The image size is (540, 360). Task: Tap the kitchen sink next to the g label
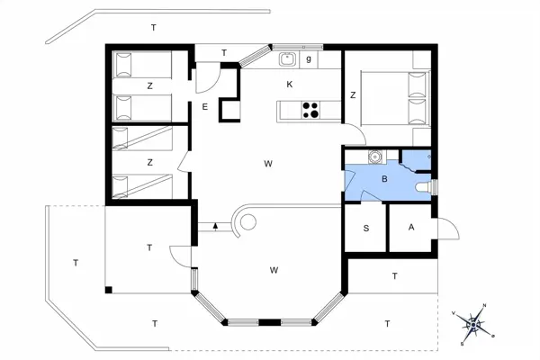pos(288,60)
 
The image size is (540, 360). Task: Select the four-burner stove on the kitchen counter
pos(310,110)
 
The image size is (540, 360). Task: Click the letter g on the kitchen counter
pos(309,59)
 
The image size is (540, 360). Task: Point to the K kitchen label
pos(289,84)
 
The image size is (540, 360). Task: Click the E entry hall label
pos(205,107)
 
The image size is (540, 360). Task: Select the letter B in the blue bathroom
pos(384,179)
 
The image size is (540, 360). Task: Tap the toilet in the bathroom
pos(425,187)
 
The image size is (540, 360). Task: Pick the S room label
pos(365,229)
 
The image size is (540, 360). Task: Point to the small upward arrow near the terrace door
pos(217,227)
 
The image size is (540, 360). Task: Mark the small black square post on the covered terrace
pos(107,290)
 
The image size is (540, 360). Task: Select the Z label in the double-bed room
pos(353,94)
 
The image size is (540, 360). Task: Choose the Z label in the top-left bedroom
pos(149,85)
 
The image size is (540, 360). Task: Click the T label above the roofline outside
pos(154,29)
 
